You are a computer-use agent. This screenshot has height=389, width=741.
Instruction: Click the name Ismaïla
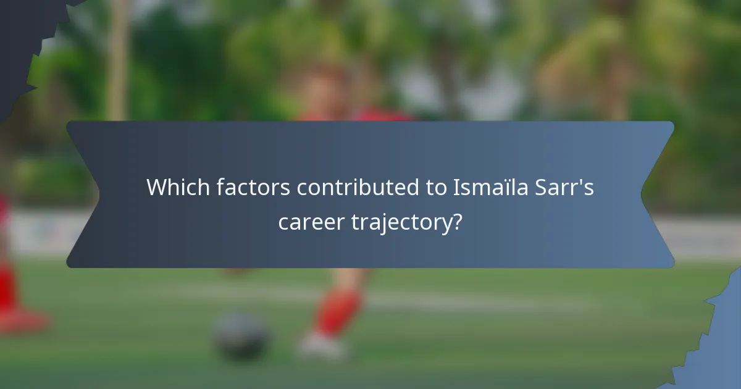pyautogui.click(x=488, y=188)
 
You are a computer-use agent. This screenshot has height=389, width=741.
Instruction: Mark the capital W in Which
pyautogui.click(x=157, y=188)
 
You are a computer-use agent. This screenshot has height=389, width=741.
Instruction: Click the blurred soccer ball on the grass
pyautogui.click(x=241, y=337)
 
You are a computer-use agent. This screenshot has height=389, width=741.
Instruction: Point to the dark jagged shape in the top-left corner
pyautogui.click(x=22, y=37)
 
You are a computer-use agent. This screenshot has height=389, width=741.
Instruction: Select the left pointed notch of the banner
pyautogui.click(x=93, y=194)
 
